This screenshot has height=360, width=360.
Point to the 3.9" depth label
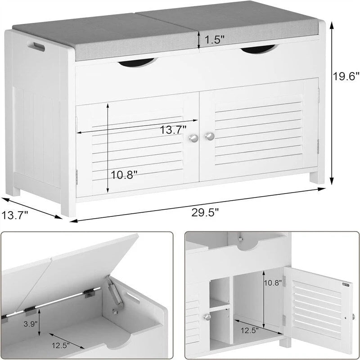(30, 324)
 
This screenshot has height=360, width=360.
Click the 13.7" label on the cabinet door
(173, 130)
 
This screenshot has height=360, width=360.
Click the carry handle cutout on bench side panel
(36, 46)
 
